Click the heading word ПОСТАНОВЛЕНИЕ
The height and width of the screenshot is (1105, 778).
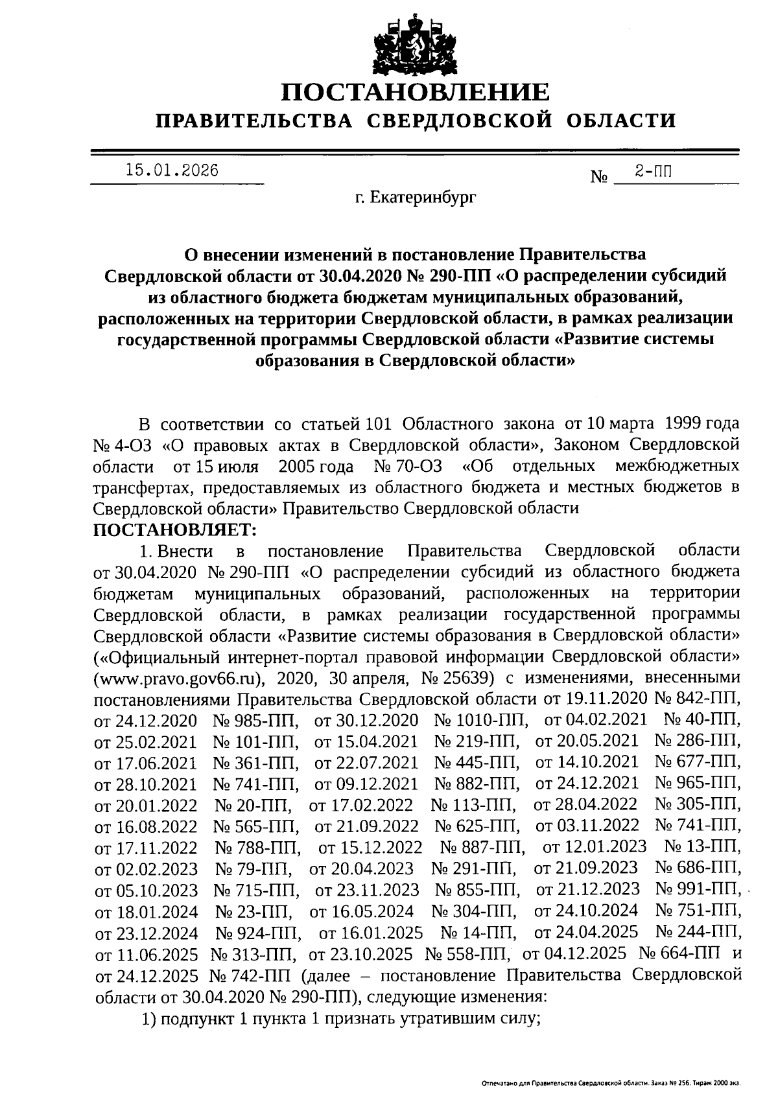[415, 93]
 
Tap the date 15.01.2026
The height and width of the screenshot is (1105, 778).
[172, 170]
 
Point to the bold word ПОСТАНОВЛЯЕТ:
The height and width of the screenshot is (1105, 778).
[175, 529]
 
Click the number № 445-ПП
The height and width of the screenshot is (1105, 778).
[478, 763]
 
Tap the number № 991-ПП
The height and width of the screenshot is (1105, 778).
[698, 889]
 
